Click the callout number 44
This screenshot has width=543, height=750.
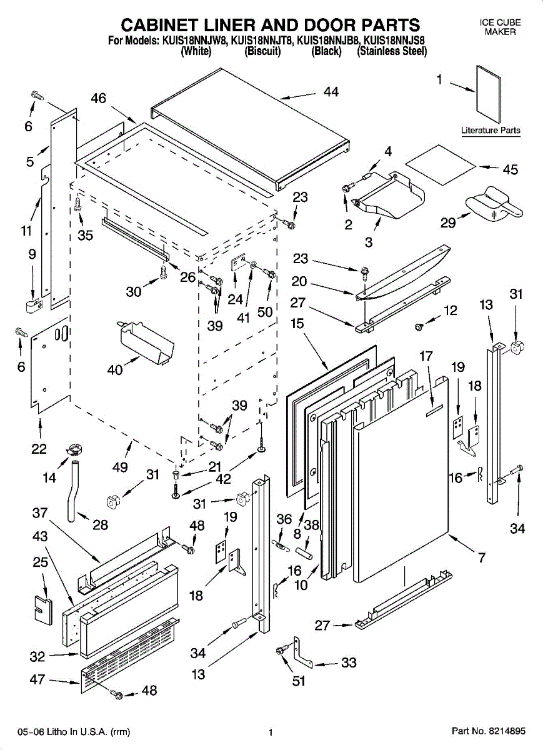(331, 92)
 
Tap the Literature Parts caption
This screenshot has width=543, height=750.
(491, 131)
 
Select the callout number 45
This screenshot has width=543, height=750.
(510, 169)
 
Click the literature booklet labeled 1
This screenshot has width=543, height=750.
(488, 94)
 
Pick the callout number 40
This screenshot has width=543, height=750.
(115, 370)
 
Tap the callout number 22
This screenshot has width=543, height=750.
(39, 449)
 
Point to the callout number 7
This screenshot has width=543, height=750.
(482, 557)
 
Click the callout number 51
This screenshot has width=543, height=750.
(299, 681)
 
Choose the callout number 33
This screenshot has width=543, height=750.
(349, 663)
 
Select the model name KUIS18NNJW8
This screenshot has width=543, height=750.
(194, 41)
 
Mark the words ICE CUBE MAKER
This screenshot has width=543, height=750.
(500, 27)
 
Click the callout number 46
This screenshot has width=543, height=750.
(99, 98)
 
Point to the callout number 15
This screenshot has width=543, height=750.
(297, 324)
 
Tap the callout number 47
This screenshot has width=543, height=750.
(37, 679)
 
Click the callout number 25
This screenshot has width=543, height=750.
(40, 562)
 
